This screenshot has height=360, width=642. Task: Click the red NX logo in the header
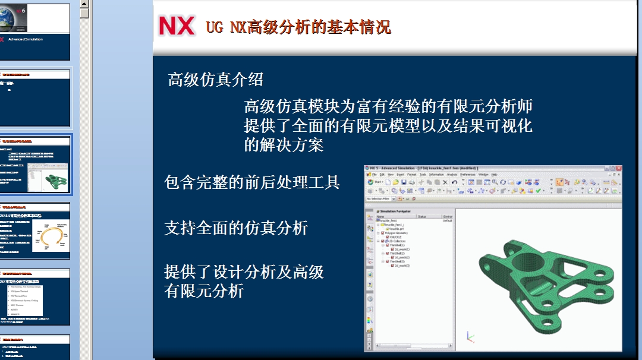point(177,26)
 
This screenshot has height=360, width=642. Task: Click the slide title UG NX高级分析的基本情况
point(298,27)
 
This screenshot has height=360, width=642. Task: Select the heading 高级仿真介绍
point(215,79)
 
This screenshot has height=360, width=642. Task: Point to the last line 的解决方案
point(284,145)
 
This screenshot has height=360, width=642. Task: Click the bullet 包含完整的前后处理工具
point(251,182)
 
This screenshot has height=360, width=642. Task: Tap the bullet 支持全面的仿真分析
point(235,228)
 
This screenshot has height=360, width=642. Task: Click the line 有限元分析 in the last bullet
point(203,292)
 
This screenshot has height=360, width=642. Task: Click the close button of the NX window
point(618,169)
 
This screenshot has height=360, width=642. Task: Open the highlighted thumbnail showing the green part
point(36,165)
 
